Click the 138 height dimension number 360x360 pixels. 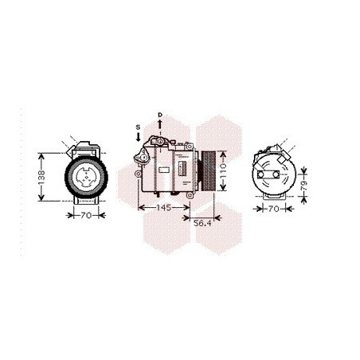tap(41, 178)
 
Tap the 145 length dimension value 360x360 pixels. tap(164, 207)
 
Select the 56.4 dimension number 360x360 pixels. tap(202, 223)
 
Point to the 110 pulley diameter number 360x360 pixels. tap(223, 171)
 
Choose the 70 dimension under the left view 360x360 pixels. tap(86, 215)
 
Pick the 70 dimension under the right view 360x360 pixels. tap(274, 209)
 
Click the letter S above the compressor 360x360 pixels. tap(138, 127)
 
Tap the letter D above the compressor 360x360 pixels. tap(160, 115)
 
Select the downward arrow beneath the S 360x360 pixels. tap(138, 137)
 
